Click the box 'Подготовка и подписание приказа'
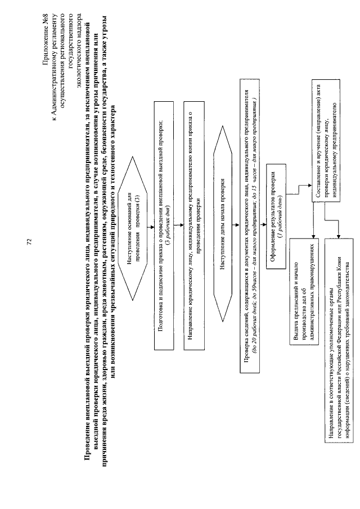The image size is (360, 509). click(163, 224)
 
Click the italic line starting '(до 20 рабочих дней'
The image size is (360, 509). click(254, 224)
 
